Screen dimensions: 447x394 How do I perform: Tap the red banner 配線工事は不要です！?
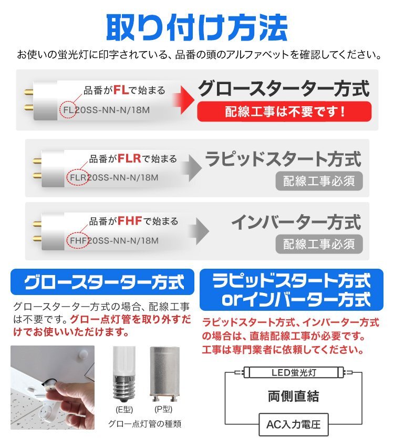pyautogui.click(x=284, y=111)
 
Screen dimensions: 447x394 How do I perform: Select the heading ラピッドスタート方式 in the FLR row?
pyautogui.click(x=283, y=159)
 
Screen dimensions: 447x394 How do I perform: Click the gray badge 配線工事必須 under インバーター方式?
pyautogui.click(x=319, y=243)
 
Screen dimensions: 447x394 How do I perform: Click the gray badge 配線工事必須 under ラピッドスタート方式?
pyautogui.click(x=319, y=181)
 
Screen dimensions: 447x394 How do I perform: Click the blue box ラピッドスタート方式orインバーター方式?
pyautogui.click(x=291, y=290)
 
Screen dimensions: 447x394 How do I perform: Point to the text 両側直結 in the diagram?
pyautogui.click(x=293, y=397)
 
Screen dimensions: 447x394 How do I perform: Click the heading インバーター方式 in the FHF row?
pyautogui.click(x=296, y=221)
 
